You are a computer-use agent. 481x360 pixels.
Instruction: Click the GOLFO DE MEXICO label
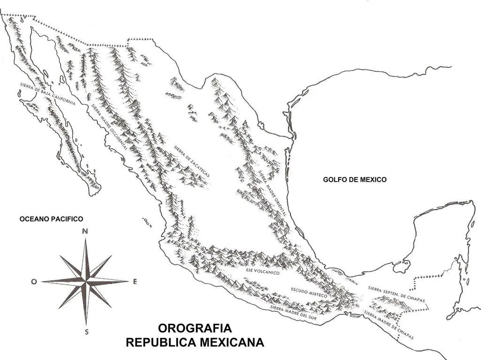click(x=354, y=179)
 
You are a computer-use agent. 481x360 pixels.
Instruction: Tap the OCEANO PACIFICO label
click(x=51, y=219)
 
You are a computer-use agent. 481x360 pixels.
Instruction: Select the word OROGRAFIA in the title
click(x=194, y=328)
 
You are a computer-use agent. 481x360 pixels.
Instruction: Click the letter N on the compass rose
click(x=85, y=230)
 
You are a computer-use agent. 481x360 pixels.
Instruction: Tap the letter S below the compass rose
click(x=86, y=332)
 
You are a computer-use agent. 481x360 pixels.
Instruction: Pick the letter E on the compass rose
click(x=135, y=282)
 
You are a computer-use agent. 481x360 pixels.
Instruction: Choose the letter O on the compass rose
click(x=34, y=282)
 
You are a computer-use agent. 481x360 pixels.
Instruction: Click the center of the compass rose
click(x=85, y=282)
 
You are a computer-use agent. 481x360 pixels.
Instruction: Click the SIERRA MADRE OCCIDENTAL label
click(x=109, y=125)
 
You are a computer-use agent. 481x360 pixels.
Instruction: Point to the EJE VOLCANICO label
click(x=262, y=272)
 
